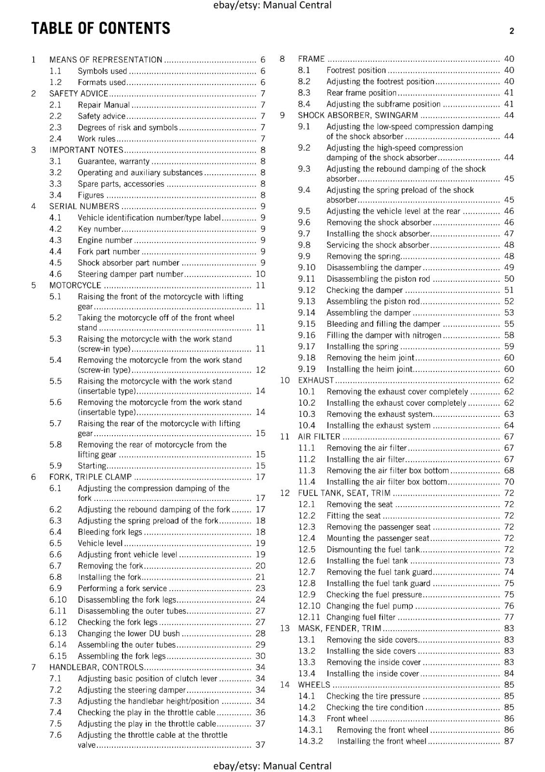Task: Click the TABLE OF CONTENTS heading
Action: (101, 28)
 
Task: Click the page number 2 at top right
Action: (511, 31)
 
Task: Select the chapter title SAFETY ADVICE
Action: (79, 94)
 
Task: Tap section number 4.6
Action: (55, 274)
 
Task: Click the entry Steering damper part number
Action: (130, 274)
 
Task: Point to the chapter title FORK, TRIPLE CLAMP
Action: (90, 477)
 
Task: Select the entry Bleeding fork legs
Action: (110, 532)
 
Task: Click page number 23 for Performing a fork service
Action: (260, 588)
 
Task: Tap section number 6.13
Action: (58, 634)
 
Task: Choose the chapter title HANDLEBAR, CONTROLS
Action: (96, 667)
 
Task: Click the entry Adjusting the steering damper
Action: (132, 690)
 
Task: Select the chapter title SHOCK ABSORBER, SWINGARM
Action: (358, 115)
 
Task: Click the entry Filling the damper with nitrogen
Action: (383, 335)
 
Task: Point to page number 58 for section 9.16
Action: (509, 335)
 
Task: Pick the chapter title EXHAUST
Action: (316, 380)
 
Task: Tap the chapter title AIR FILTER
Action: (319, 437)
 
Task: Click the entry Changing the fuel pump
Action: (369, 606)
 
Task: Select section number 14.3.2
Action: (310, 741)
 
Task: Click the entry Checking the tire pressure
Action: (373, 696)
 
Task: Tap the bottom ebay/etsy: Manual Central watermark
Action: (272, 766)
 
